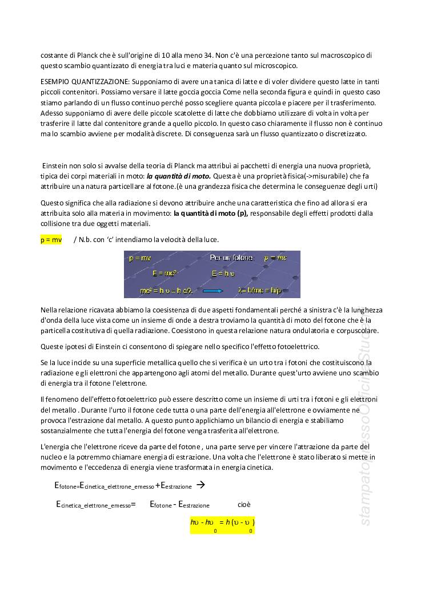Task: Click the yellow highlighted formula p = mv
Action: (51, 240)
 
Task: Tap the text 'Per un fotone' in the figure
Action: (231, 258)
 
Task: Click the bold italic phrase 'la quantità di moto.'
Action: (179, 176)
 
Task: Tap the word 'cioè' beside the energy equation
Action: (244, 505)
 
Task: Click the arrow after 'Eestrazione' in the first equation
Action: (201, 485)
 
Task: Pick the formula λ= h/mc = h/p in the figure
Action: (260, 291)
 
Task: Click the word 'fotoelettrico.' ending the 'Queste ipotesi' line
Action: (297, 347)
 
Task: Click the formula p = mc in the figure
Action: (275, 258)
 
